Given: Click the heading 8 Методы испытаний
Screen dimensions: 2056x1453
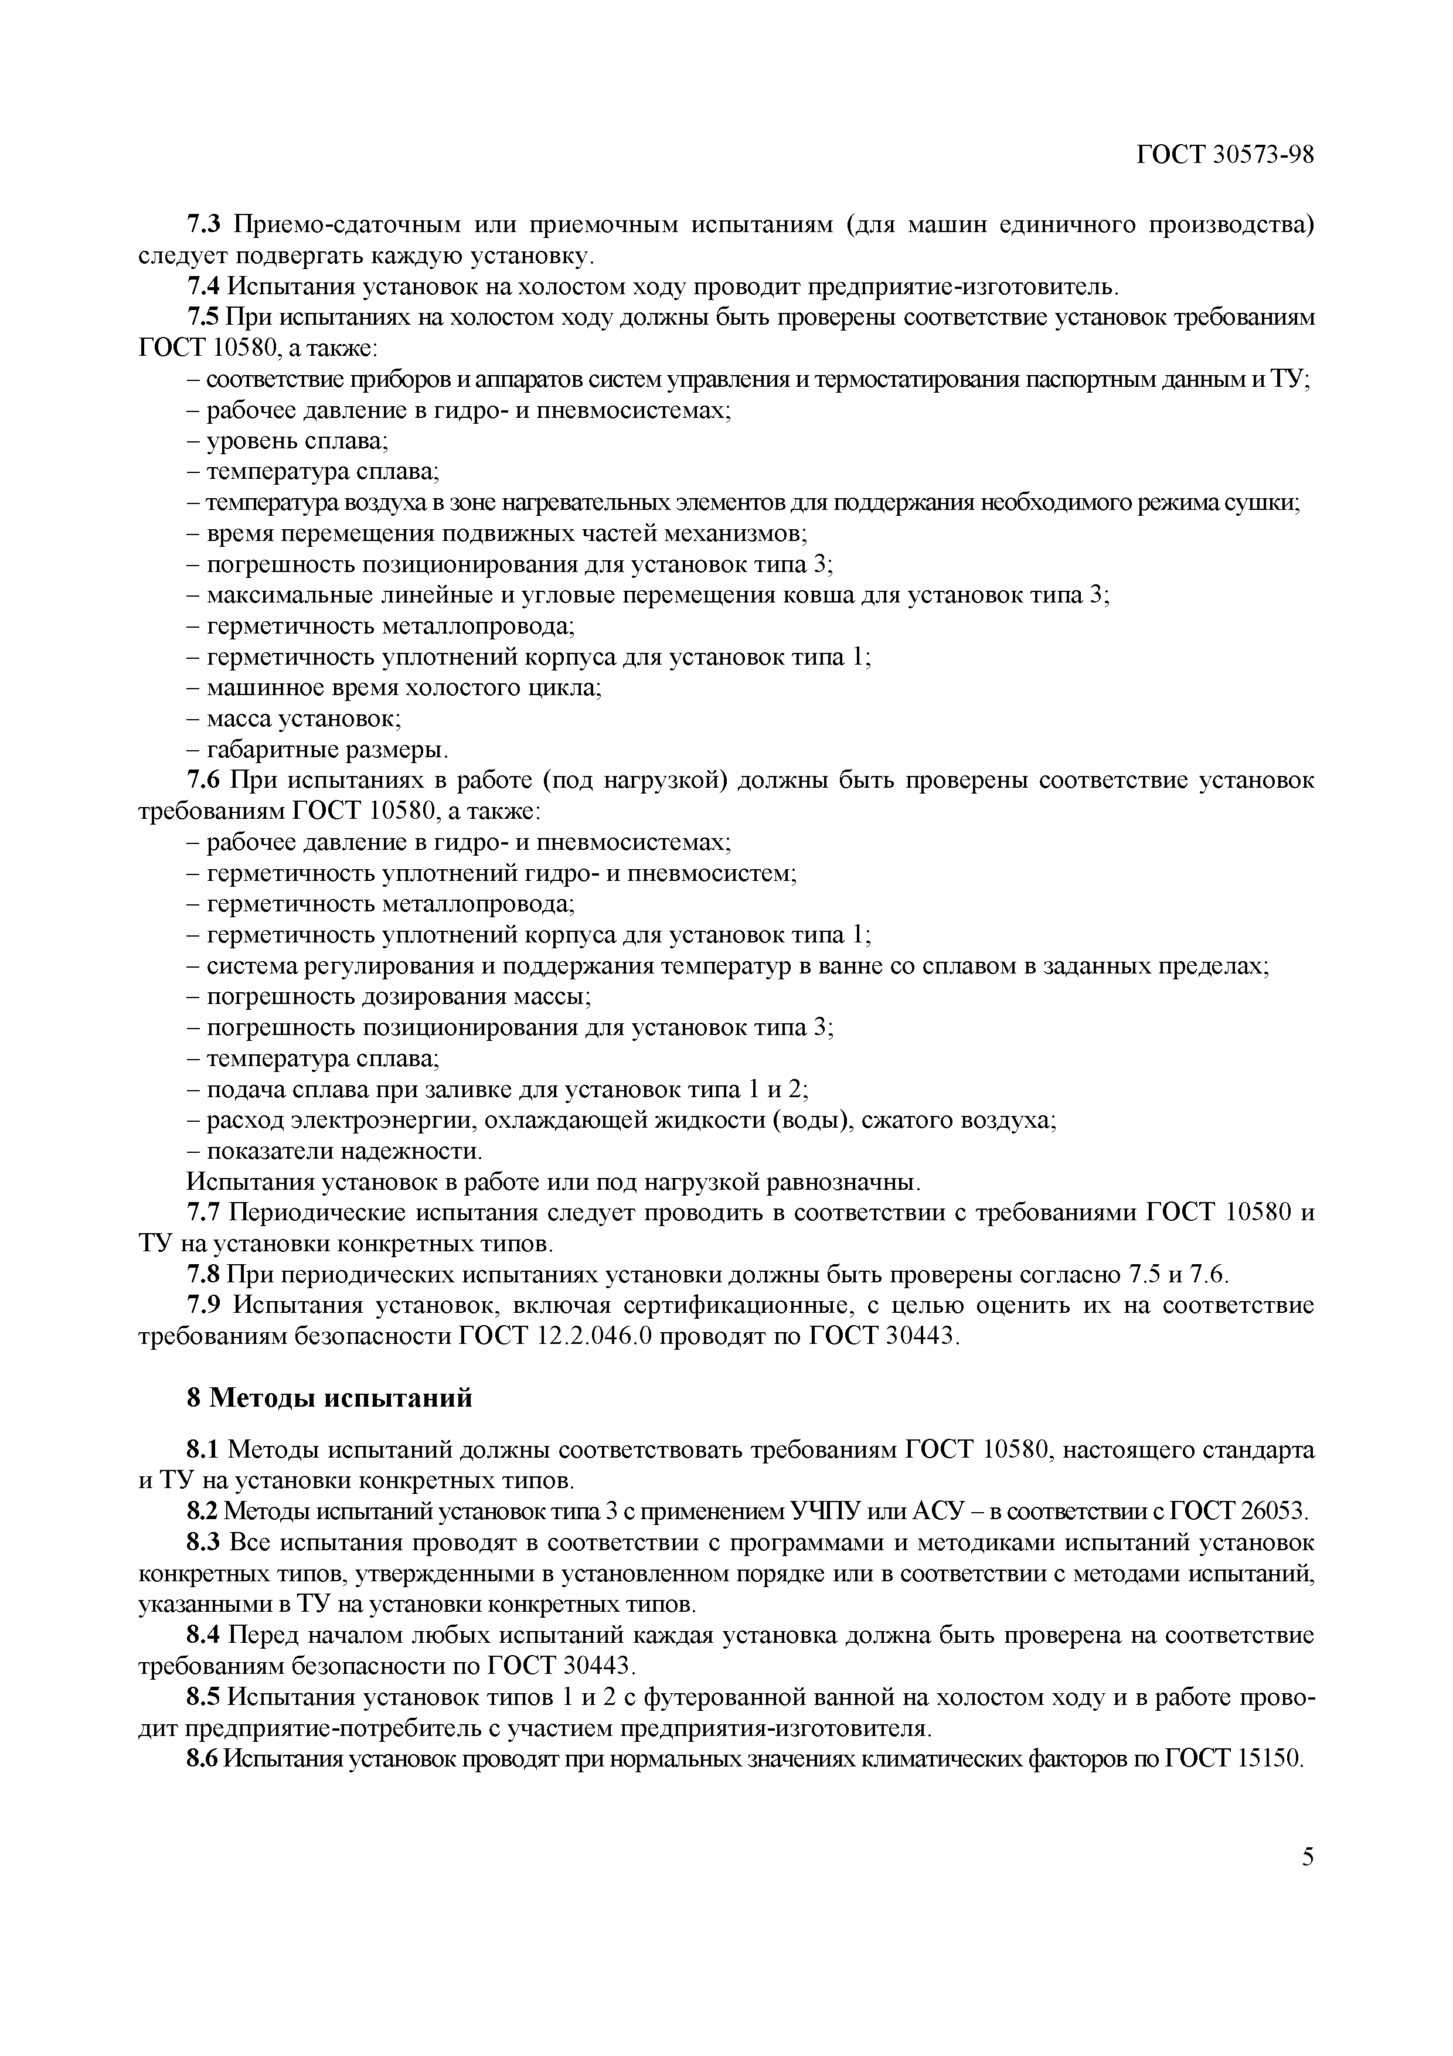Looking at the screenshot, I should tap(329, 1399).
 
